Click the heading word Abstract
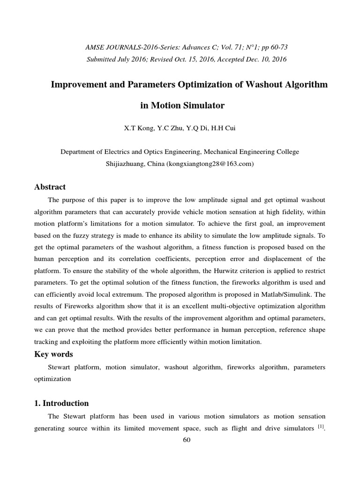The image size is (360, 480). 50,187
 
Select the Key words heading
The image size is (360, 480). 54,354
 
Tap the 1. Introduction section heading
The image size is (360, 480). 61,403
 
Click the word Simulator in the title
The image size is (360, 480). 202,105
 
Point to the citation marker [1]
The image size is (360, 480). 321,426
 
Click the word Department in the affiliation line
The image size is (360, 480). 79,152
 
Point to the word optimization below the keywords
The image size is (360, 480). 53,379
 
